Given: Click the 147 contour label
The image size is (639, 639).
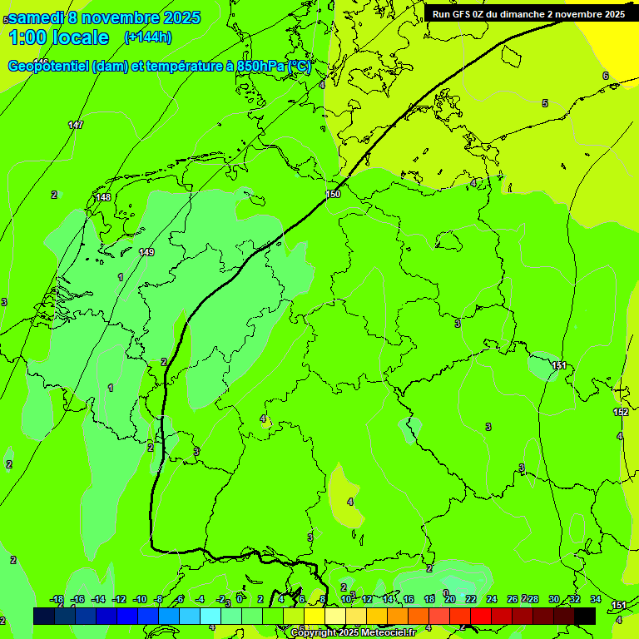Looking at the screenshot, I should (76, 125).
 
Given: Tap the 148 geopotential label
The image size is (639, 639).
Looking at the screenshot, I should (103, 197).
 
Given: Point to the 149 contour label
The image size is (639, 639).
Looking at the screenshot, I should (146, 252).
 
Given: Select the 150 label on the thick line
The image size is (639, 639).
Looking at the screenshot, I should (333, 194).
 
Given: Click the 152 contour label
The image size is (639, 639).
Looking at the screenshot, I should (621, 412).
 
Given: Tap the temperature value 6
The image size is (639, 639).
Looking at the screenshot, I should (605, 76).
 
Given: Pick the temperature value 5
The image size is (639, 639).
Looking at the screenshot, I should (545, 103).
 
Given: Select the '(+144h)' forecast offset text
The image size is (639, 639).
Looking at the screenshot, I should (147, 37).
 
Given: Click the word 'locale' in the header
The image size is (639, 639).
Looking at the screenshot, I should (80, 37).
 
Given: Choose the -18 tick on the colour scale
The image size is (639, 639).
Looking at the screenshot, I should (57, 599).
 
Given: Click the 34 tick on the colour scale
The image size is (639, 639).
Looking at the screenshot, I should (596, 599).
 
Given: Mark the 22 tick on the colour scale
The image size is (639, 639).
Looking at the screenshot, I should (471, 599).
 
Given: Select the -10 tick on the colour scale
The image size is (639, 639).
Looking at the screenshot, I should (139, 599).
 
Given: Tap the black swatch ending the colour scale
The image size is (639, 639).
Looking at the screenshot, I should (584, 616).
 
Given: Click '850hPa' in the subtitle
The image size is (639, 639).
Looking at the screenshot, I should (259, 67).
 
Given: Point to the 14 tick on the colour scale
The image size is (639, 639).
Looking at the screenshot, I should (388, 599).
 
